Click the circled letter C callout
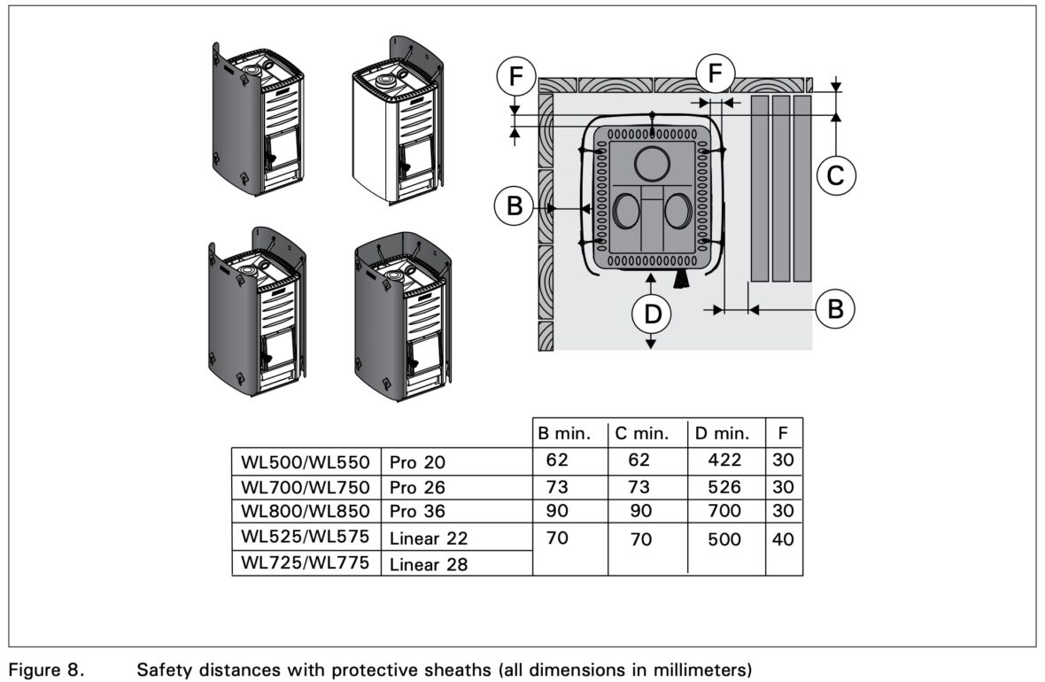[835, 177]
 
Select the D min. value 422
[724, 461]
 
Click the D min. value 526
[724, 486]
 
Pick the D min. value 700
[724, 511]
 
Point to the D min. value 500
[724, 539]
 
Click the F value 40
[784, 539]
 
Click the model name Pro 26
[417, 487]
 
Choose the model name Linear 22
[429, 538]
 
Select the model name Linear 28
[429, 564]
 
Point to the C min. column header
[645, 434]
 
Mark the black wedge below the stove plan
[682, 280]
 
